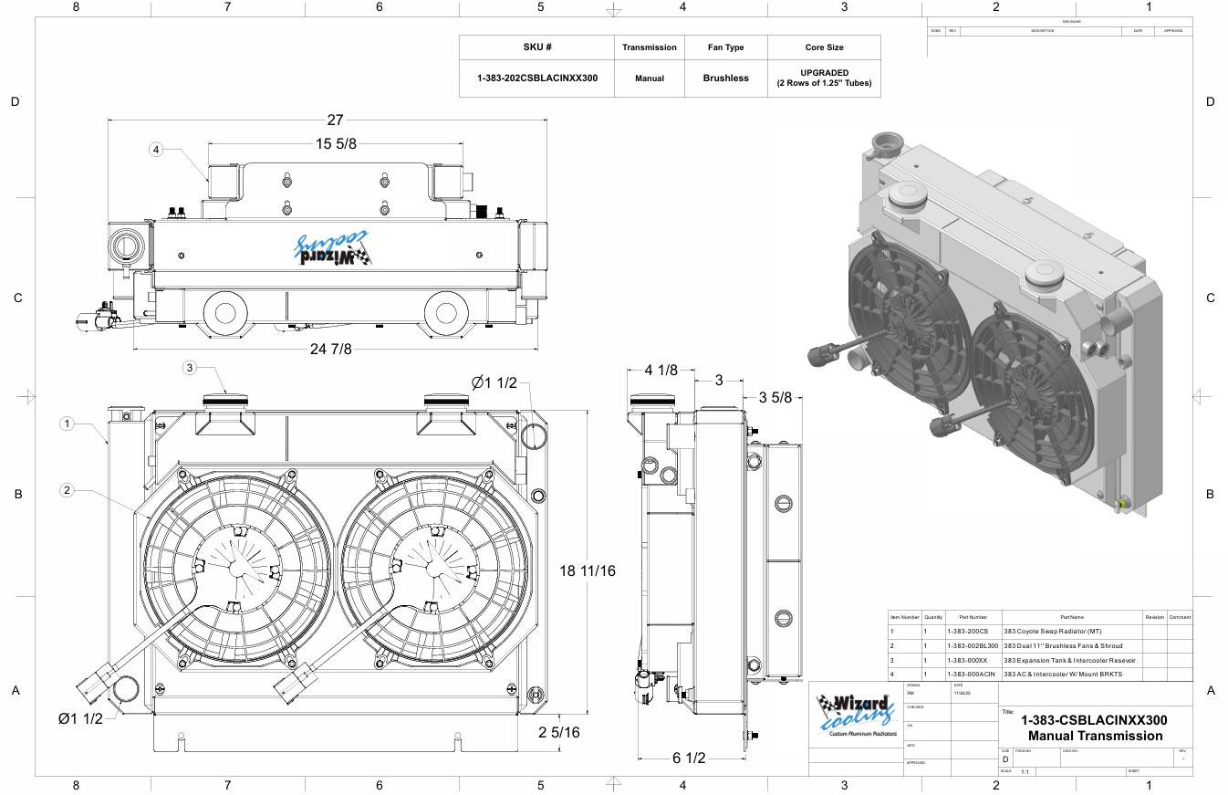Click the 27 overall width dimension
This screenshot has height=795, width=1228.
click(335, 120)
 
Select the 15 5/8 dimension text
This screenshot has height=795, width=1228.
click(336, 144)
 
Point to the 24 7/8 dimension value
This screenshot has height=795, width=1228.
click(330, 349)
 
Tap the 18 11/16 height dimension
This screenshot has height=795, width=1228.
click(588, 570)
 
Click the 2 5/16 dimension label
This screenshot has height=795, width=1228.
click(559, 732)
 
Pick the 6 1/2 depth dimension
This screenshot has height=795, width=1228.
click(689, 758)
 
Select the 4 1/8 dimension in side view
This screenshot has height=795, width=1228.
click(661, 370)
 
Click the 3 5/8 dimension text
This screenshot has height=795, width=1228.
click(775, 397)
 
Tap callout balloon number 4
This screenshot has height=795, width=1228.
click(156, 149)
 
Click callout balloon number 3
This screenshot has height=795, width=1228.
click(190, 368)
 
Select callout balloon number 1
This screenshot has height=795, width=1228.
click(67, 424)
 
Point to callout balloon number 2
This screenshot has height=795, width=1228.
click(67, 491)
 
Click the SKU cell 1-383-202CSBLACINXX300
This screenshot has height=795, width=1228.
click(537, 78)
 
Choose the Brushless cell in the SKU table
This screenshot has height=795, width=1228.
click(725, 78)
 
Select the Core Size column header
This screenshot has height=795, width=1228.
click(824, 47)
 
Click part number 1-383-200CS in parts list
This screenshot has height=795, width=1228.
click(967, 632)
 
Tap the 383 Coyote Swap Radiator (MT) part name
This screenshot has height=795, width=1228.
click(1052, 632)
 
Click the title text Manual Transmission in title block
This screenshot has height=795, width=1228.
click(1095, 736)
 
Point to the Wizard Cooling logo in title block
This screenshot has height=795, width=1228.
click(856, 716)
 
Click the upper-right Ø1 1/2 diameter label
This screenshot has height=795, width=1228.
click(494, 382)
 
